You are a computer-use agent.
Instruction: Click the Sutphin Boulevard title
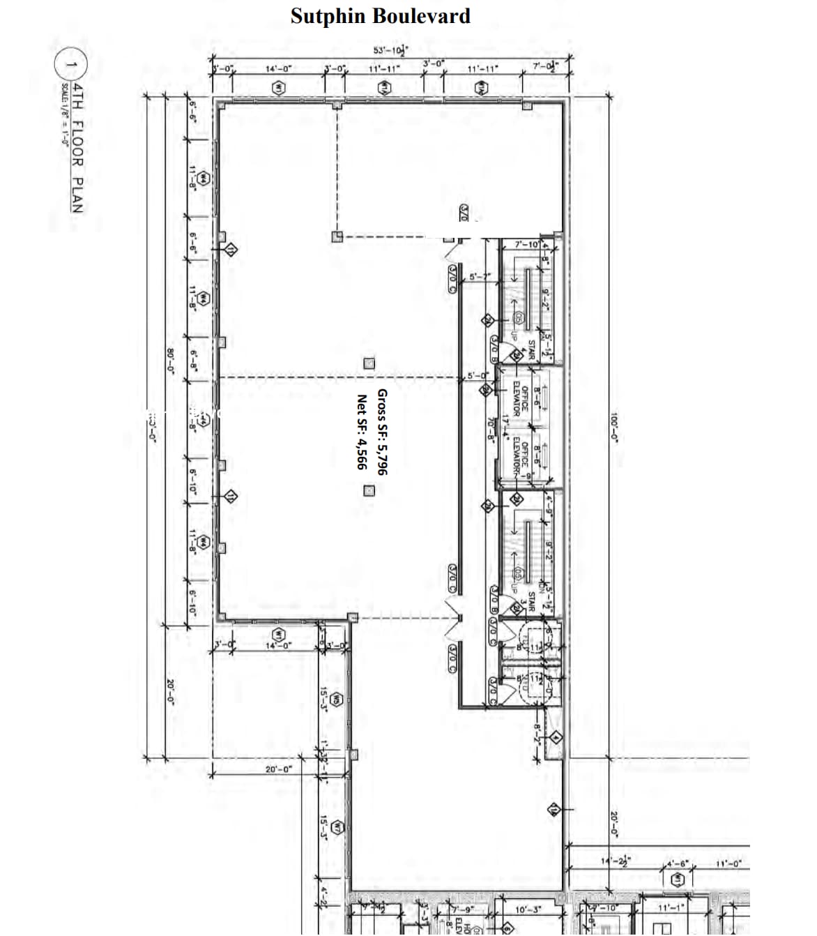tap(380, 15)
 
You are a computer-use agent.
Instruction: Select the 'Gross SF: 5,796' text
tap(381, 432)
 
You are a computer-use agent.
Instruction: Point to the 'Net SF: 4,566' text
tap(361, 432)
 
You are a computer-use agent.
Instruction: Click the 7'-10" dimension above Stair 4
tap(526, 245)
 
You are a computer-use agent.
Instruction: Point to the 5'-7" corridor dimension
tap(480, 277)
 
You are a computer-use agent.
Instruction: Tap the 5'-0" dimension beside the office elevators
tap(478, 375)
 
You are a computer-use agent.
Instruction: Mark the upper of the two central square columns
tap(369, 363)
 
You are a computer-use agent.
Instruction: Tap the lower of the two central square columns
tap(369, 490)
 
